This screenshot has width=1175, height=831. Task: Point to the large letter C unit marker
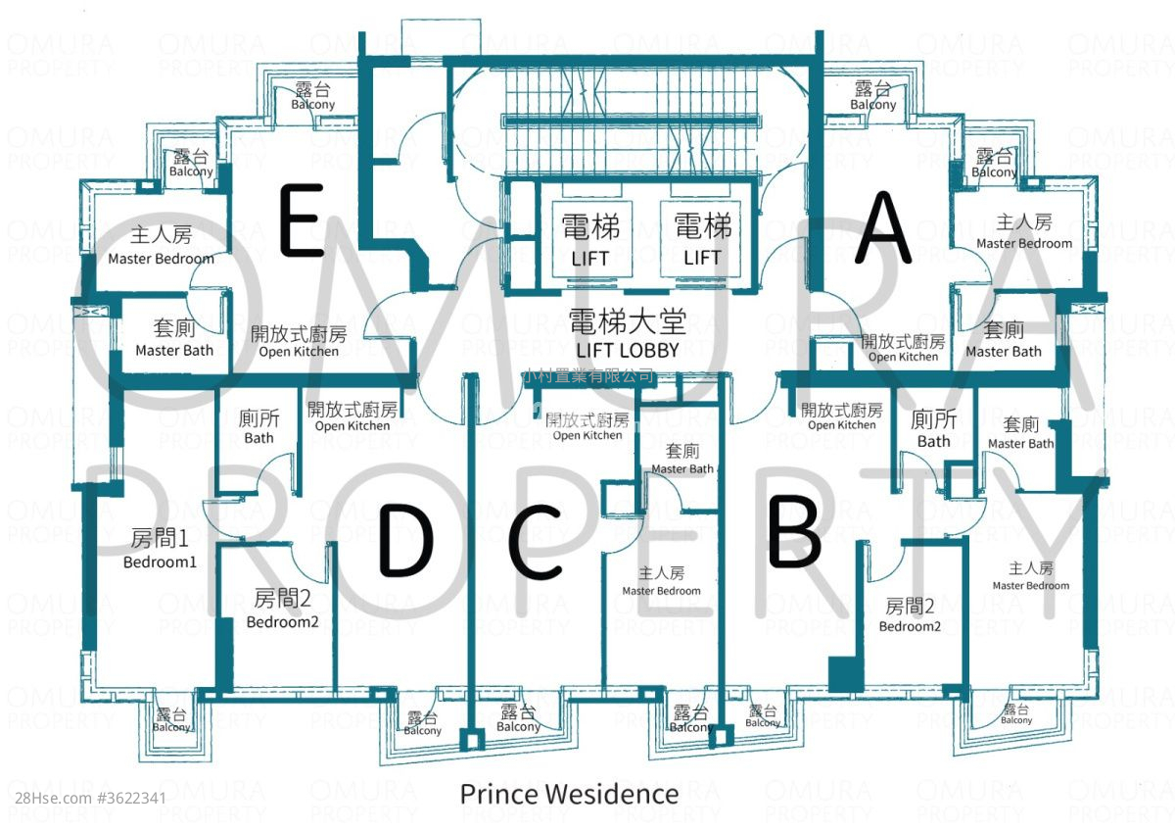(536, 544)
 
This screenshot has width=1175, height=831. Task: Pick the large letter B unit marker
(793, 532)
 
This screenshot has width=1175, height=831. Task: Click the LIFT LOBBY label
(628, 334)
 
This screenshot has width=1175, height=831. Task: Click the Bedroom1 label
(160, 549)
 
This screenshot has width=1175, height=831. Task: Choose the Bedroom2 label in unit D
(282, 609)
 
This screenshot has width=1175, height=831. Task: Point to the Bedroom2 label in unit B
(910, 615)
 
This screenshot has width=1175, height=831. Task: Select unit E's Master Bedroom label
(161, 246)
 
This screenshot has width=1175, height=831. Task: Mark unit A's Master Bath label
(1004, 340)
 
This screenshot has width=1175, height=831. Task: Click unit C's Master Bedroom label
(661, 581)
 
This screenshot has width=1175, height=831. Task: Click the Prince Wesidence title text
(569, 794)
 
